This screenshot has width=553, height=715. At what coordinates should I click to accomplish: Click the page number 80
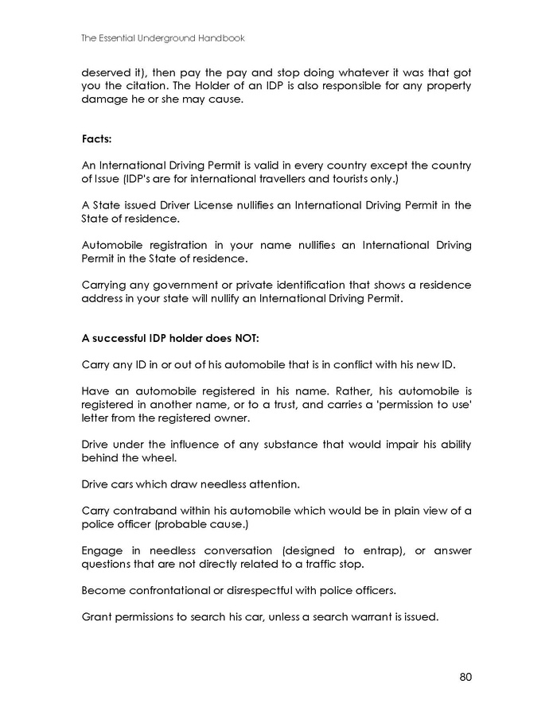(x=465, y=677)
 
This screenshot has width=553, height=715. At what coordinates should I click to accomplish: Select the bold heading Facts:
(x=97, y=139)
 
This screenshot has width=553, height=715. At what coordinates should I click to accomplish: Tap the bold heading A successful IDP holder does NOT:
(x=170, y=338)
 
